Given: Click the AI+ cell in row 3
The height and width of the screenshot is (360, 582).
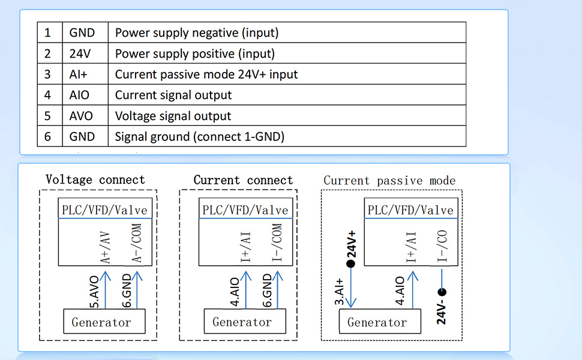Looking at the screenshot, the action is point(85,74).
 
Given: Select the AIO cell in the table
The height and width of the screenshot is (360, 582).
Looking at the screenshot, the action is point(85,95).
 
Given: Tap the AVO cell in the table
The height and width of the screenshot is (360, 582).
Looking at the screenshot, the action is point(85,115).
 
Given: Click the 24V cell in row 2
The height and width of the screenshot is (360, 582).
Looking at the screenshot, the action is point(85,53).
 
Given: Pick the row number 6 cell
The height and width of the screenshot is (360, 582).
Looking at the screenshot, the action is point(50,136).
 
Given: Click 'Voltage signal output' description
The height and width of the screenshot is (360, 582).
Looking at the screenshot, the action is point(173,116).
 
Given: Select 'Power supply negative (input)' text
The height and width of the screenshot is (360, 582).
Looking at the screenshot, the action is point(197,32).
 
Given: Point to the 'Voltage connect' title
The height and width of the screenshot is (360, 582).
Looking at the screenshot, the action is point(95,179).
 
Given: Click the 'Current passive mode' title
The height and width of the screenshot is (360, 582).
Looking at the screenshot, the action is point(389,181).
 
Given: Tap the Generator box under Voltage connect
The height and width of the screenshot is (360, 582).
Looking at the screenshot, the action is point(104,322).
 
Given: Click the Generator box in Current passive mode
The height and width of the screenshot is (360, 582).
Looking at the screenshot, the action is point(380,322).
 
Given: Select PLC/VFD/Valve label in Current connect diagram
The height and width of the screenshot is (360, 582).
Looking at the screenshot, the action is point(245,210).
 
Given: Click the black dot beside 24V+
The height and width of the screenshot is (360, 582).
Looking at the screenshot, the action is point(350,263).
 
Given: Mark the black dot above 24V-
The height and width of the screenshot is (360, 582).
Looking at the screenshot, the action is point(442,292).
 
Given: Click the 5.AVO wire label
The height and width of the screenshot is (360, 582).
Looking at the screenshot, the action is point(95,292).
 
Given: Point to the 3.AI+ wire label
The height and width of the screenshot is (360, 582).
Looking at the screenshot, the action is point(339,292).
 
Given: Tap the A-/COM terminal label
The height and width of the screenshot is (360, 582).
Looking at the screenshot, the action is point(137,243).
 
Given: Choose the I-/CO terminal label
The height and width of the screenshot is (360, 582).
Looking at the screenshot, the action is point(442,246).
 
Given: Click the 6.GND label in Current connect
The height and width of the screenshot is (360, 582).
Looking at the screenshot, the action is point(267,290).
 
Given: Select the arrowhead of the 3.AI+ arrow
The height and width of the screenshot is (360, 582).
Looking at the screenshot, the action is point(351,302).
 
